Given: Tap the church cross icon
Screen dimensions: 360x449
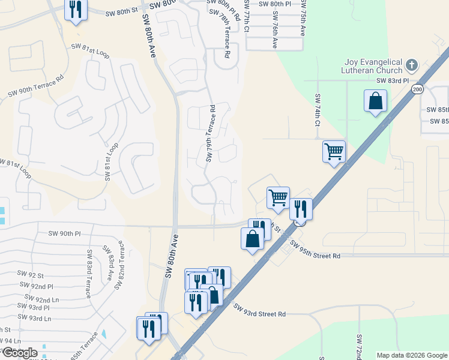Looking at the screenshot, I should (412, 64).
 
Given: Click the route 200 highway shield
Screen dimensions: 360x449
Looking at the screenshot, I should (417, 89).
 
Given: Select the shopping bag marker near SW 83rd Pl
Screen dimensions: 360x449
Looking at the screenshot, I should (375, 101).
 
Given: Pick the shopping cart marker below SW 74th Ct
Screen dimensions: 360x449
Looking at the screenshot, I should (334, 151).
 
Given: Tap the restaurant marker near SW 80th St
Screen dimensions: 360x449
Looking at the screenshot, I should (76, 11).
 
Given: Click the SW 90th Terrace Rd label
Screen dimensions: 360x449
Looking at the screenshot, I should (36, 86).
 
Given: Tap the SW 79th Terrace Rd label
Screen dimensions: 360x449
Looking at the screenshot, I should (211, 133).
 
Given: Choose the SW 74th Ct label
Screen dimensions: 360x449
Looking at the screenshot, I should (318, 109).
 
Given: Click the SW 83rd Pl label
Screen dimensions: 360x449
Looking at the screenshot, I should (392, 80).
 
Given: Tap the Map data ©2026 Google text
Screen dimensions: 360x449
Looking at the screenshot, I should (411, 355).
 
